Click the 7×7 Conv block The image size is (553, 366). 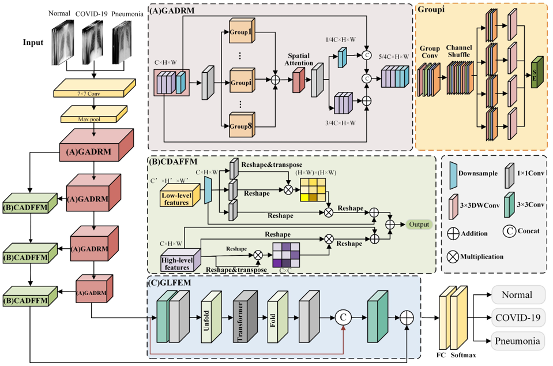coord(95,88)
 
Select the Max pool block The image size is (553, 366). coord(94,114)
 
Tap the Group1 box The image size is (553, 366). coord(242,31)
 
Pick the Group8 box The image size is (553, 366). coord(242,125)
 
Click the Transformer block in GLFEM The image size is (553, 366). coord(245,316)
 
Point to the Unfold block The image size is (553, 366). coord(211,316)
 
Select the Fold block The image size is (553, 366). coord(277,316)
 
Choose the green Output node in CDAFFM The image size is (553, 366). coord(419,225)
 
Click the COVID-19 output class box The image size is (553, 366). coord(518,318)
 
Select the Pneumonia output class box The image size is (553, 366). coord(518,341)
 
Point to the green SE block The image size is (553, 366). coord(537,72)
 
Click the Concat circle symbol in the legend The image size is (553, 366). coord(509,231)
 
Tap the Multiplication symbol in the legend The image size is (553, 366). coord(453,256)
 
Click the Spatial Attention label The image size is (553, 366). coord(299,59)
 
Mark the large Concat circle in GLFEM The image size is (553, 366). coord(343,318)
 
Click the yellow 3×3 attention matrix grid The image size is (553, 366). coord(313,189)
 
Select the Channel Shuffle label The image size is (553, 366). coord(459,51)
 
